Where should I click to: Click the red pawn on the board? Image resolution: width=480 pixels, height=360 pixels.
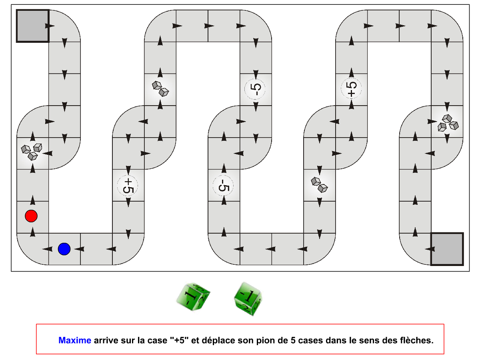[x=31, y=216]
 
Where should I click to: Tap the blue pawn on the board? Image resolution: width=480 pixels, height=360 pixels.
[x=64, y=249]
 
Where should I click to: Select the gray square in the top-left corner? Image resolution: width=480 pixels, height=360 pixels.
[x=32, y=26]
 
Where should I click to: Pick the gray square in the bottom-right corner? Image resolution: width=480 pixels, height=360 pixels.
[x=447, y=249]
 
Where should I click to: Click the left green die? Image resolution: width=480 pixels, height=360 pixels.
[x=193, y=296]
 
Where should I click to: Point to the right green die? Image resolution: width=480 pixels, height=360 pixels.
[x=248, y=299]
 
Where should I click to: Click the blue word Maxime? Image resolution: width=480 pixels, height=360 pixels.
[x=74, y=340]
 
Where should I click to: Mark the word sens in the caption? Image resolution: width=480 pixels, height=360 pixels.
[x=369, y=341]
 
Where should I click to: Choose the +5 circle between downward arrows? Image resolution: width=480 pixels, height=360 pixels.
[x=128, y=186]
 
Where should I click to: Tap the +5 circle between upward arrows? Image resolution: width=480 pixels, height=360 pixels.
[x=351, y=88]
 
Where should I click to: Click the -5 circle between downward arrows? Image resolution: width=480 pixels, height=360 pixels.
[x=255, y=89]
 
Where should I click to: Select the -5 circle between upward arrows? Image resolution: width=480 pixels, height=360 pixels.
[x=223, y=186]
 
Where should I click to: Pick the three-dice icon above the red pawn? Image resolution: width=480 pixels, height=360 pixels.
[x=32, y=152]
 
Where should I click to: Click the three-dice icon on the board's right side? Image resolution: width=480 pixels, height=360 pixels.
[x=448, y=123]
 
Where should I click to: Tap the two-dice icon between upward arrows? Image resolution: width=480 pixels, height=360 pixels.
[x=160, y=89]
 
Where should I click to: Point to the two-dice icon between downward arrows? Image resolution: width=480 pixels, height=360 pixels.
[x=319, y=185]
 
